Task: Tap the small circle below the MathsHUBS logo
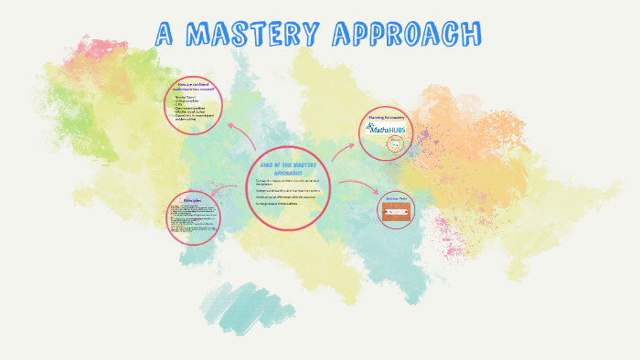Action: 395,143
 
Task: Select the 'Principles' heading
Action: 193,200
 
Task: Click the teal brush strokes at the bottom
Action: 240,306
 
